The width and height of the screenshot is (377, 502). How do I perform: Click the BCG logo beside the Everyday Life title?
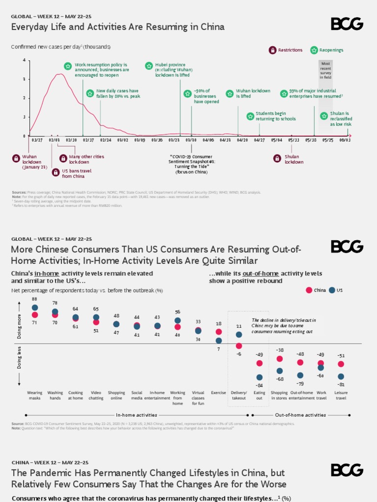point(347,24)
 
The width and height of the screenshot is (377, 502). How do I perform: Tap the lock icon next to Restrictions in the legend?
point(272,50)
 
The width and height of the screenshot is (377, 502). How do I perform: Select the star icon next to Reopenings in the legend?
point(314,50)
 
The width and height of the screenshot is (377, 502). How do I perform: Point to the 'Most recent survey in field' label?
point(325,71)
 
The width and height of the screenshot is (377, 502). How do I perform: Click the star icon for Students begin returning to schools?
point(250,116)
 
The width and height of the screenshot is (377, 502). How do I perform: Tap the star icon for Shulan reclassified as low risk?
point(324,116)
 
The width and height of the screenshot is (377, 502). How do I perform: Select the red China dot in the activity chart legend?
point(309,290)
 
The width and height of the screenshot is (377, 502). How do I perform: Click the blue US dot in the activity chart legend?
point(332,290)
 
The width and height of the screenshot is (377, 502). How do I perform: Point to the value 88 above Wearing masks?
point(35,299)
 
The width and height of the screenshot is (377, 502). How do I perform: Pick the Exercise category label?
point(218,393)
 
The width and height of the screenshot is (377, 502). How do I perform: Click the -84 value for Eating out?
point(260,385)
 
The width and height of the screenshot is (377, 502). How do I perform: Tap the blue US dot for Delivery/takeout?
point(239,334)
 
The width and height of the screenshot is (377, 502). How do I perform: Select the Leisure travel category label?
point(341,395)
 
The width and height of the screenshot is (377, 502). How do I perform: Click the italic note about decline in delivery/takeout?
point(283,326)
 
